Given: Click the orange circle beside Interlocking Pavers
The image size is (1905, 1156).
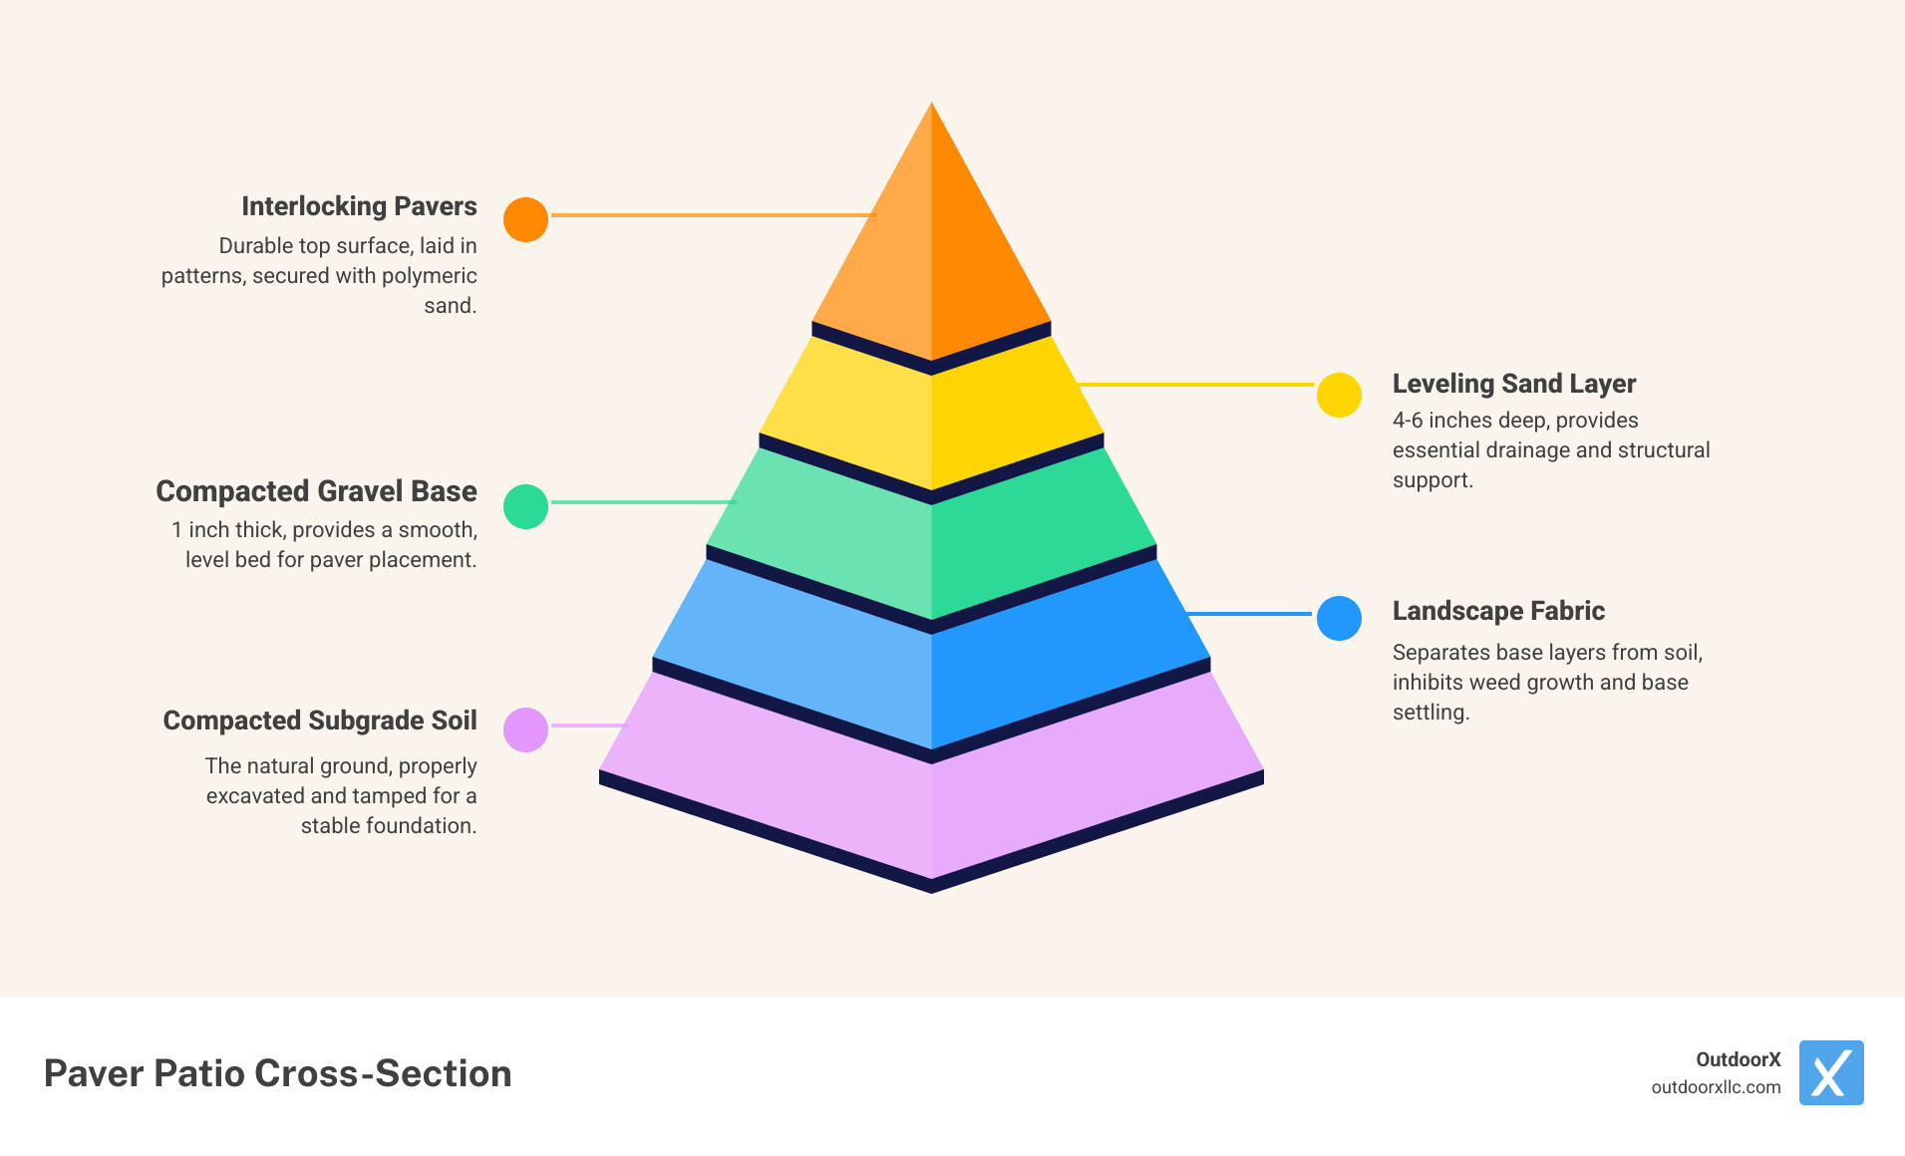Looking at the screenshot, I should (x=525, y=219).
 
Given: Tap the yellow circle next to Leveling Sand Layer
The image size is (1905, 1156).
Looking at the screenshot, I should (x=1339, y=395).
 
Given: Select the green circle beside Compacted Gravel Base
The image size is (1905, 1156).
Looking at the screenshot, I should (x=525, y=506).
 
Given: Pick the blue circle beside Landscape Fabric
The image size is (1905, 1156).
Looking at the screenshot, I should (x=1339, y=618).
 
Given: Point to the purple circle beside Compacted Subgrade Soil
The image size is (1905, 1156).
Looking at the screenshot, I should (x=525, y=729).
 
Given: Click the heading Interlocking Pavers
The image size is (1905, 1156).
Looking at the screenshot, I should (x=359, y=206).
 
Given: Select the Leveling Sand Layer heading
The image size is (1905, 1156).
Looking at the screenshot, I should (x=1513, y=384).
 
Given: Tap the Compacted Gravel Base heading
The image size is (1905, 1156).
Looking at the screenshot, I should (x=316, y=491).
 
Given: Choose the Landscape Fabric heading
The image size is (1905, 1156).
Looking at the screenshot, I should (x=1498, y=611).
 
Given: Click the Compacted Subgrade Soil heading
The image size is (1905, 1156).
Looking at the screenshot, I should (x=320, y=721).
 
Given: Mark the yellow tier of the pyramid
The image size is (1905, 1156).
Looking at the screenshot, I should (x=931, y=419).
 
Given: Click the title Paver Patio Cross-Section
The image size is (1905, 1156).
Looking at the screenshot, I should (x=278, y=1073).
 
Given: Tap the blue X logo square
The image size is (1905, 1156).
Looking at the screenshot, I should (x=1830, y=1073).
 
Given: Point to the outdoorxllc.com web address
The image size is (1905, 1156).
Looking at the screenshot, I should (x=1716, y=1087).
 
